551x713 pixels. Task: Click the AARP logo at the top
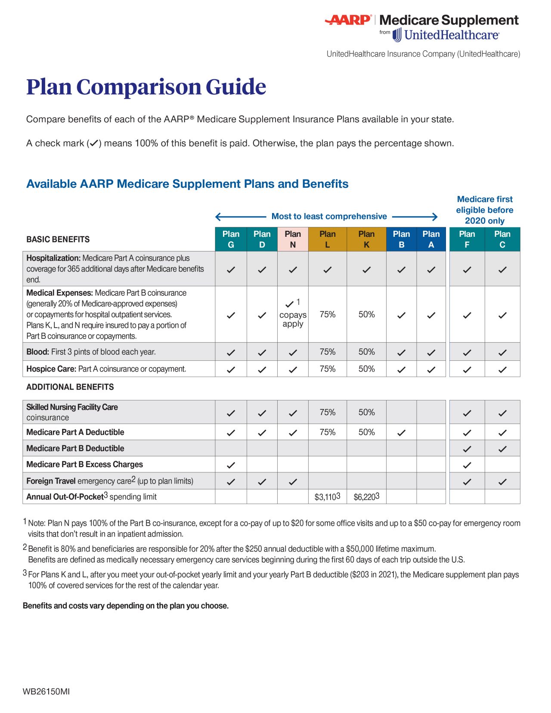coord(348,20)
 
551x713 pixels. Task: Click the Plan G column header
coord(231,239)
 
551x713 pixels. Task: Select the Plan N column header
coord(293,239)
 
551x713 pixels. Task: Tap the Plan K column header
coord(366,239)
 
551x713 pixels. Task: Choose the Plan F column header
coord(467,239)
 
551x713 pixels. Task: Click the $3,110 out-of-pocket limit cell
coord(327,497)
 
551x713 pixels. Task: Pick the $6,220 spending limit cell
coord(366,497)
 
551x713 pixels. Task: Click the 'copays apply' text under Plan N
coord(293,319)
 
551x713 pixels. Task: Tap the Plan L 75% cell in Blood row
coord(327,352)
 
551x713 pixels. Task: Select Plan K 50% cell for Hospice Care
coord(366,369)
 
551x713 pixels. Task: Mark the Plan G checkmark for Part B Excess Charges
coord(231,465)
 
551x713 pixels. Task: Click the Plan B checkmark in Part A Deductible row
coord(401,433)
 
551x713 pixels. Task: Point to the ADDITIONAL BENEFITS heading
coord(70,387)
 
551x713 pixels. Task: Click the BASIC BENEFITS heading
coord(58,239)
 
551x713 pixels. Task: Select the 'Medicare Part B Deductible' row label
coord(75,448)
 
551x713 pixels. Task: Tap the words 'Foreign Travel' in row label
coord(51,481)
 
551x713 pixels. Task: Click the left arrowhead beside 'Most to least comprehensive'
coord(218,217)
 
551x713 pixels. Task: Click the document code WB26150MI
coord(46,691)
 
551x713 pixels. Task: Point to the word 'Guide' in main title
coord(236,87)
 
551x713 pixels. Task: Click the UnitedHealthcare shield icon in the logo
coord(397,35)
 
